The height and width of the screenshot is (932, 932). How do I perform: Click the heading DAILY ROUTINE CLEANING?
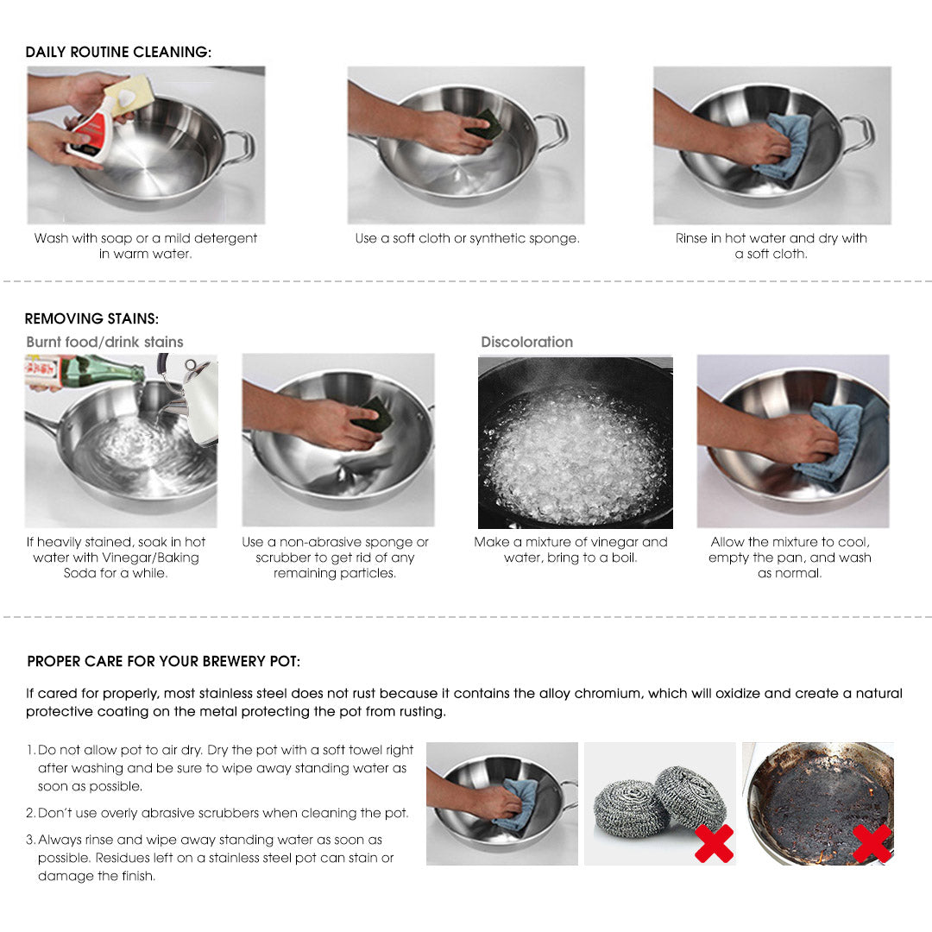click(118, 52)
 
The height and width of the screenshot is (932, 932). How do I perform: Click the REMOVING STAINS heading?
click(91, 319)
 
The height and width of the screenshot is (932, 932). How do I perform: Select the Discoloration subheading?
click(526, 342)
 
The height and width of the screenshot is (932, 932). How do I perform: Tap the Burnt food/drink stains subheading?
click(104, 342)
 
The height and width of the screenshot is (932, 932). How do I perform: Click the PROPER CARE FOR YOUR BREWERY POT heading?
click(164, 662)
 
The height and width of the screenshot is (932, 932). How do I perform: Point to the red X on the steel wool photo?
click(714, 843)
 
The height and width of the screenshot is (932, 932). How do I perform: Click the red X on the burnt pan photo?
click(872, 843)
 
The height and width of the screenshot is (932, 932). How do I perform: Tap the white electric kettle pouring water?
click(197, 397)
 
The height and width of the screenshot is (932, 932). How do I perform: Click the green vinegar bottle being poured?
click(104, 371)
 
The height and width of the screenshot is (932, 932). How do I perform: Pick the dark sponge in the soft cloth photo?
click(485, 126)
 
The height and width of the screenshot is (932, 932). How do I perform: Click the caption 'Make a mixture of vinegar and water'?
click(570, 550)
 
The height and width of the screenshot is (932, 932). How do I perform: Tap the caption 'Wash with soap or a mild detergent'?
click(146, 246)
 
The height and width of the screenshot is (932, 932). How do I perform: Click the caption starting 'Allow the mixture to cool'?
click(790, 557)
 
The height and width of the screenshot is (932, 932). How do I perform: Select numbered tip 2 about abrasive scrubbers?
click(223, 813)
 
